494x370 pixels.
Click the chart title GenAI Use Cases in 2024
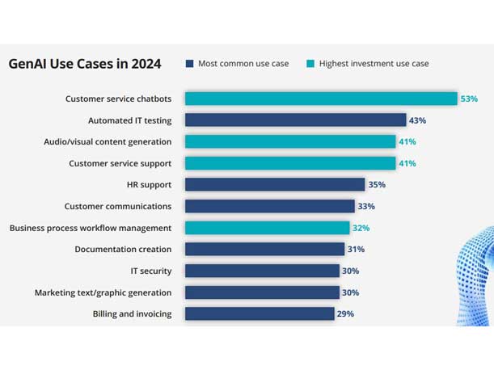click(x=85, y=64)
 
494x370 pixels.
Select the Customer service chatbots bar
click(x=321, y=99)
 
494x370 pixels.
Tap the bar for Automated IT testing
click(x=295, y=120)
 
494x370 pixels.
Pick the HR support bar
click(x=275, y=184)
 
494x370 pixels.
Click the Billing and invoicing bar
click(x=260, y=313)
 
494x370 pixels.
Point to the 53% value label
click(x=469, y=99)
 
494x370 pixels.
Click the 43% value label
click(x=417, y=120)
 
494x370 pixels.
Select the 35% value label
click(x=377, y=184)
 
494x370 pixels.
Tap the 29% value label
click(x=345, y=313)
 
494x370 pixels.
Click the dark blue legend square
click(x=189, y=64)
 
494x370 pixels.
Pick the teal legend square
click(x=310, y=64)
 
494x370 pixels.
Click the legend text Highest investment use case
click(x=374, y=64)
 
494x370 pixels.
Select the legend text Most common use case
click(x=244, y=64)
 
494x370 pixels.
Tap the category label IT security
click(x=150, y=271)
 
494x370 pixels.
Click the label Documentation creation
click(x=123, y=249)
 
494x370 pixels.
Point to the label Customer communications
click(x=118, y=206)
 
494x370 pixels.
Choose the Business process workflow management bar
click(x=267, y=228)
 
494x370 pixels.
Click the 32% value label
click(x=361, y=228)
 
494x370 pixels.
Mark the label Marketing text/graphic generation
click(x=103, y=292)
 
